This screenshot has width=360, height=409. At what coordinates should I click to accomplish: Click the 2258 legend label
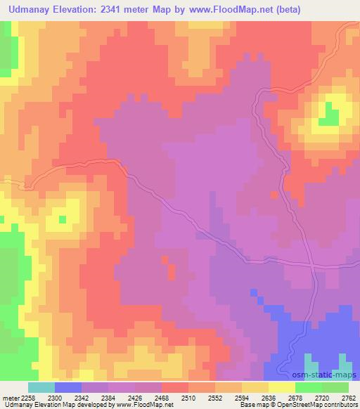tap(25, 398)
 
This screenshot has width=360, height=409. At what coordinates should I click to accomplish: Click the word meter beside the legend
tap(8, 398)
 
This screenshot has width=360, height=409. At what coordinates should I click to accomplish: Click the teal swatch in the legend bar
tap(41, 387)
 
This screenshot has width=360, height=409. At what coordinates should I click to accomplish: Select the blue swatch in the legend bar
tap(68, 387)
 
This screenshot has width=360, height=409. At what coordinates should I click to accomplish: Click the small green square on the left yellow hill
tap(62, 219)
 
